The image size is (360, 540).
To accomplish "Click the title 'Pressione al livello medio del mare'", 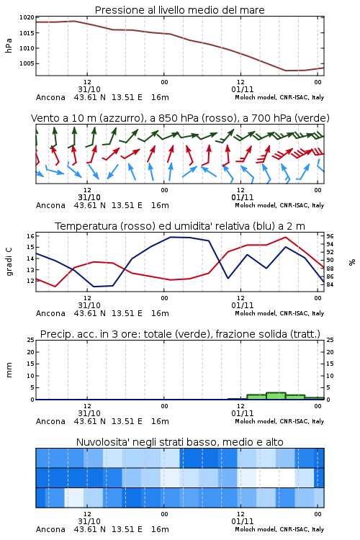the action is (x=179, y=10).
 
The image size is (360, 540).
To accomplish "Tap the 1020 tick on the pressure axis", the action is (x=27, y=17).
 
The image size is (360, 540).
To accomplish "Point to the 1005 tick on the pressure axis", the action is (x=27, y=63).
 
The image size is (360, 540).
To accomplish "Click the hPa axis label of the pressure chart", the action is (x=9, y=45).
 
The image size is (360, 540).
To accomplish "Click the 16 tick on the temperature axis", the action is (x=30, y=236).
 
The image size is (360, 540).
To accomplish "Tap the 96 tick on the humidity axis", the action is (x=330, y=236).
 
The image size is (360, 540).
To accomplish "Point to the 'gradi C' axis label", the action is (x=9, y=261).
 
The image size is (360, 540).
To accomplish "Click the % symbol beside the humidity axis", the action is (x=352, y=262).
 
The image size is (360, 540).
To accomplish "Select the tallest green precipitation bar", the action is (x=276, y=396).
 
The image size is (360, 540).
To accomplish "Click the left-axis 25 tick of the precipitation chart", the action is (x=30, y=340).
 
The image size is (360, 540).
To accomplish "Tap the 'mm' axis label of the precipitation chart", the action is (x=9, y=370).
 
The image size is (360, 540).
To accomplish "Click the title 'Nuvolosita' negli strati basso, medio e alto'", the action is (x=179, y=442).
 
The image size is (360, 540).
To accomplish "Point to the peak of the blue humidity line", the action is (x=171, y=237).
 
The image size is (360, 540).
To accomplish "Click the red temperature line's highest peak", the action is (x=285, y=237).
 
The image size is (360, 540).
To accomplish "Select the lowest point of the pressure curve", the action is (x=286, y=71).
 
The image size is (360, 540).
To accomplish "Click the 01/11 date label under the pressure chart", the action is (x=242, y=89).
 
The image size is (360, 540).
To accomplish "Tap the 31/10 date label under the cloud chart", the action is (x=89, y=521).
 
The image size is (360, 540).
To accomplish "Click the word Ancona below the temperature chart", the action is (x=50, y=313).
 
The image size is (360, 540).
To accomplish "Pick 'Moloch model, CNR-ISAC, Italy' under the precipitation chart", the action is (x=279, y=421).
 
